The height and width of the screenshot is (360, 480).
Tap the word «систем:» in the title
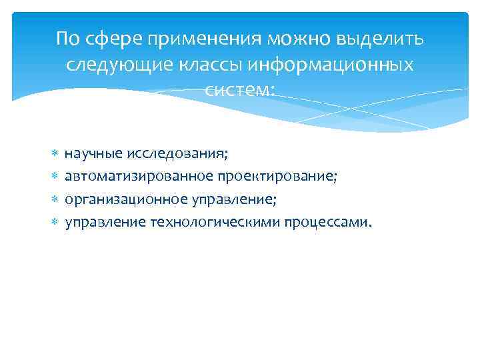(x=240, y=91)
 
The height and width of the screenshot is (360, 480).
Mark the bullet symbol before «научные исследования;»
(x=55, y=155)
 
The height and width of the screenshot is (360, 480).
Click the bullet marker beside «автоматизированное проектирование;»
(x=55, y=177)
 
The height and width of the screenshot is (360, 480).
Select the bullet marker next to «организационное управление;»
(x=55, y=199)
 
